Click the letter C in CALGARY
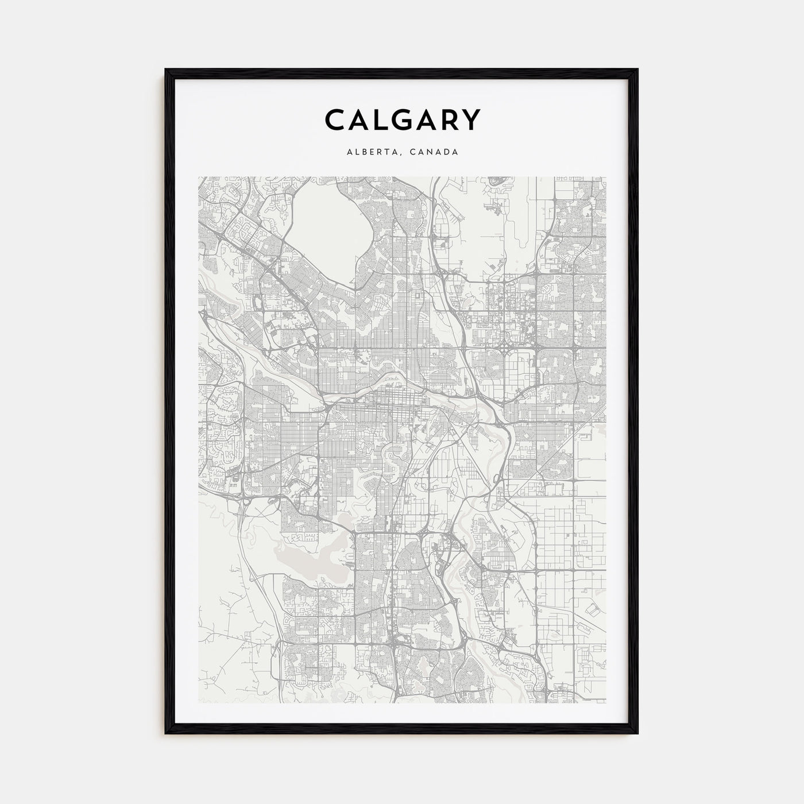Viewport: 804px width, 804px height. pyautogui.click(x=336, y=120)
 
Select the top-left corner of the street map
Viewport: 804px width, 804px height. pyautogui.click(x=199, y=177)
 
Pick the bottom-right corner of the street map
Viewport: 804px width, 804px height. pyautogui.click(x=605, y=702)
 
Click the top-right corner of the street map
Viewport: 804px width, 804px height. pyautogui.click(x=605, y=177)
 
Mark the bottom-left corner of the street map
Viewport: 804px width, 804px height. pyautogui.click(x=199, y=702)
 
